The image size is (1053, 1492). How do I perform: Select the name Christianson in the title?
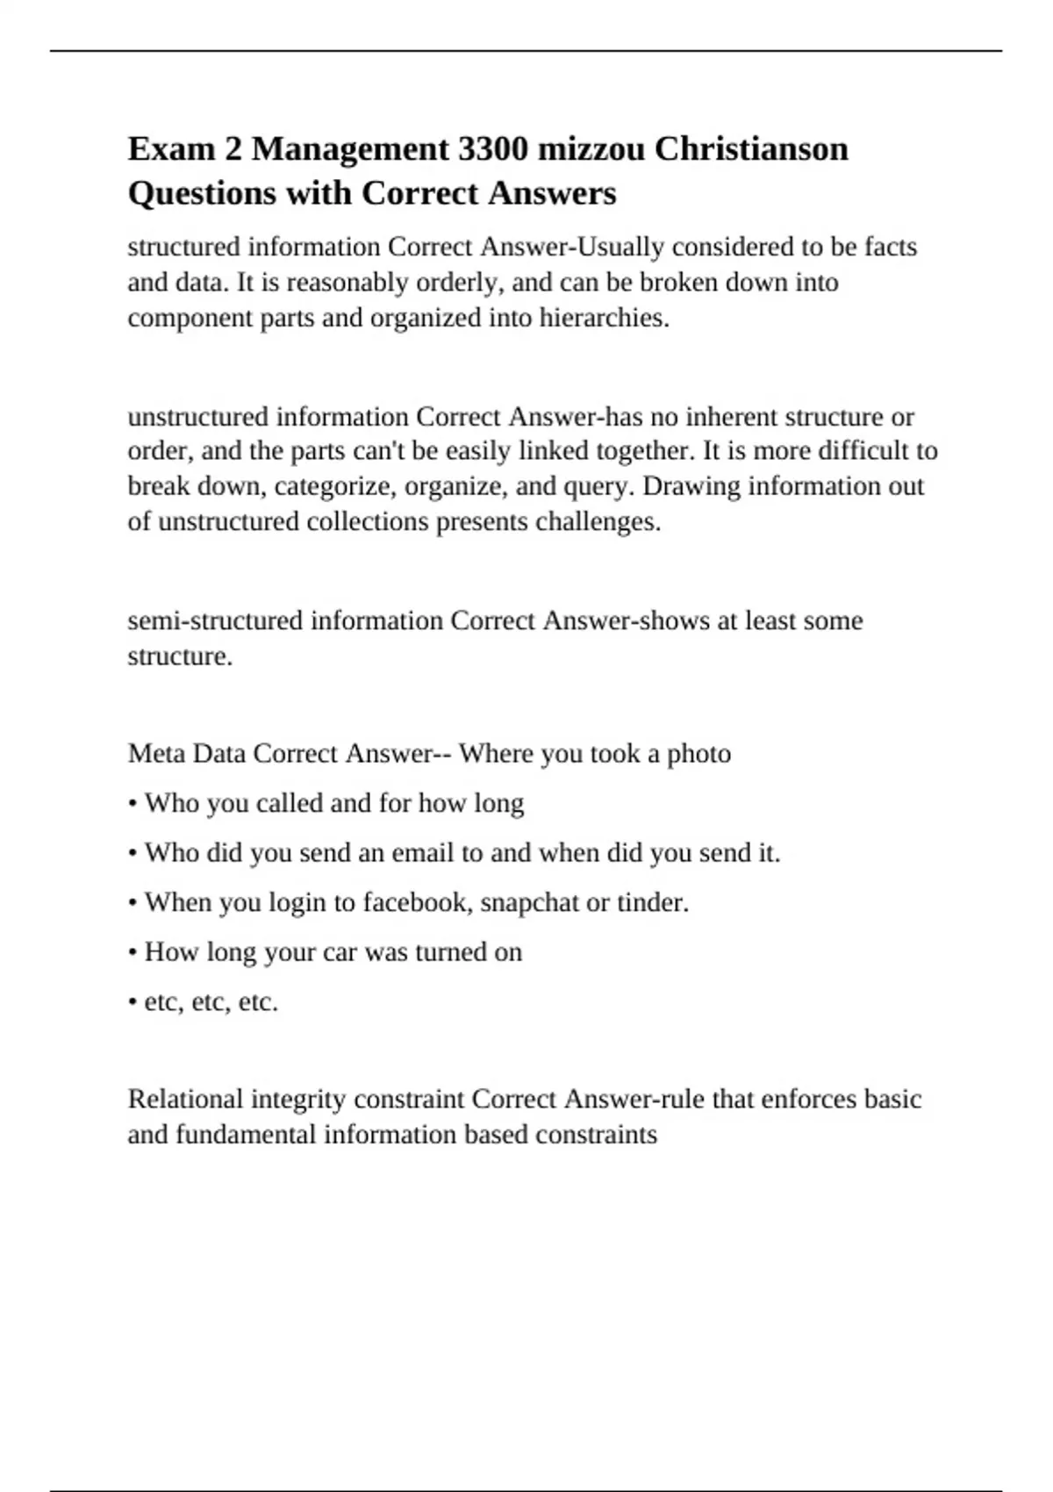[751, 149]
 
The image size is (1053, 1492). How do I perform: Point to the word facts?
[891, 247]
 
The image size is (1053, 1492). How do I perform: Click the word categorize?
[326, 486]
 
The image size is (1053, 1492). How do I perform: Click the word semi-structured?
[215, 620]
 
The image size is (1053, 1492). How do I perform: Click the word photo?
[698, 754]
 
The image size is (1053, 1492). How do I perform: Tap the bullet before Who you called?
[132, 804]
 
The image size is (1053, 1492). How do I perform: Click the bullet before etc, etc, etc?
[132, 1002]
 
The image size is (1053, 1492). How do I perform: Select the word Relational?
[185, 1099]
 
